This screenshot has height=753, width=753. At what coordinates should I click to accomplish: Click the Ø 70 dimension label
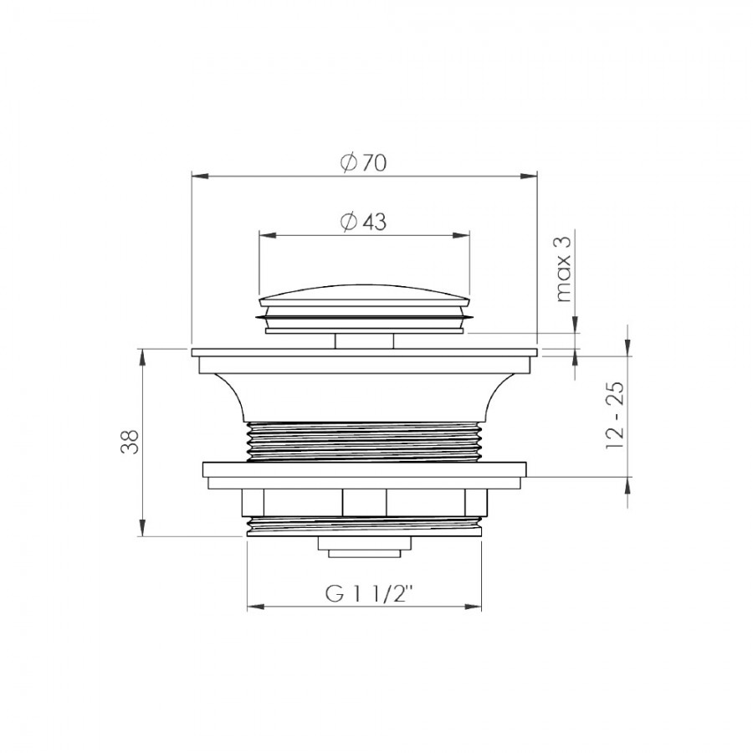364,163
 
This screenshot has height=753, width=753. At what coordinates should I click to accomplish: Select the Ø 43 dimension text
364,222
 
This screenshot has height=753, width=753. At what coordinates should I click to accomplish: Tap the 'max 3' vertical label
563,269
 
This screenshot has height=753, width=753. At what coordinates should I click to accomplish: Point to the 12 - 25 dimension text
615,415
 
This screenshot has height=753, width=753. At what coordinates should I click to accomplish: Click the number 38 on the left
130,441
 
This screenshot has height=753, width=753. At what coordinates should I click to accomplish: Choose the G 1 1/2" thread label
369,594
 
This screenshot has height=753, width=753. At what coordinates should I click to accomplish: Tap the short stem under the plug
365,341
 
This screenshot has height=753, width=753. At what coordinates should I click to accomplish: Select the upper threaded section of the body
365,441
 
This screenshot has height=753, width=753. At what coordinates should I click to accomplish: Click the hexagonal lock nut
365,502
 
